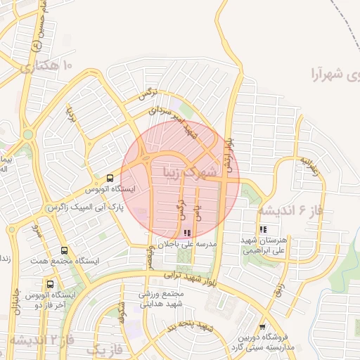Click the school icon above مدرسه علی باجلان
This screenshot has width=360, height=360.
point(186,233)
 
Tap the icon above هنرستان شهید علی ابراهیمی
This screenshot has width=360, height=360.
point(263,229)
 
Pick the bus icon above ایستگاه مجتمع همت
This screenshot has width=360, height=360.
point(65,250)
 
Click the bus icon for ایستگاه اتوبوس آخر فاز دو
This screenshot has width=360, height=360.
point(50,285)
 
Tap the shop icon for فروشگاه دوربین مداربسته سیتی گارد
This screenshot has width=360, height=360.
point(262,327)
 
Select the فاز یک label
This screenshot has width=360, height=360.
point(103,348)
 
